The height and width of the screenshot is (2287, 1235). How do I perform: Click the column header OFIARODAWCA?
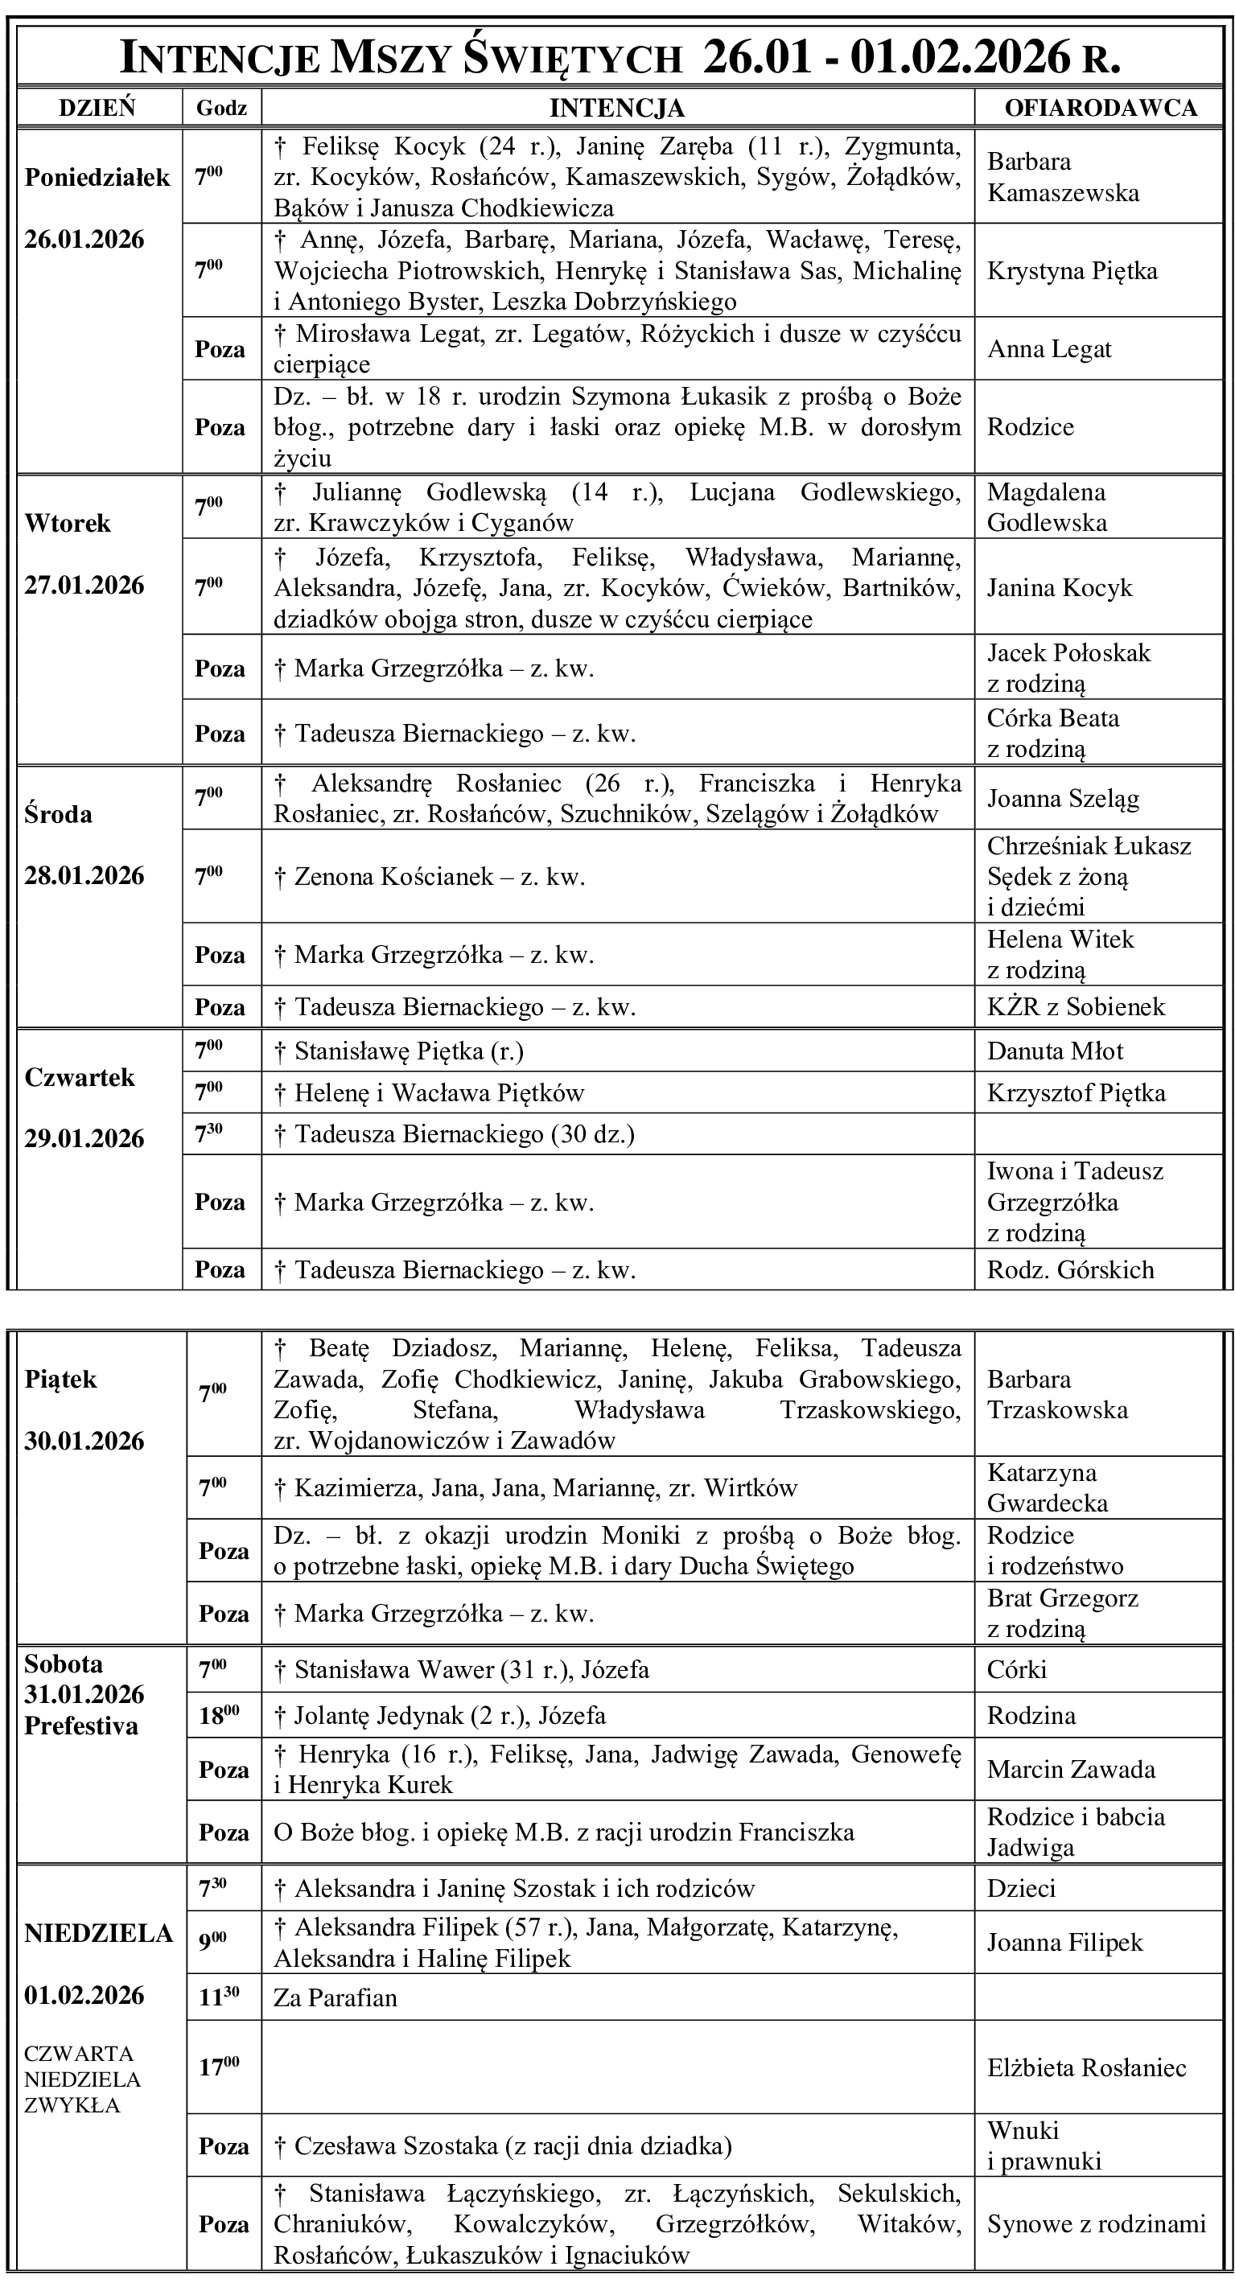pyautogui.click(x=1100, y=109)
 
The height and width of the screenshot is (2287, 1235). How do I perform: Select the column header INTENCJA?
pyautogui.click(x=616, y=109)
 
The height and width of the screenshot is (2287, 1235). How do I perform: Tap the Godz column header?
pyautogui.click(x=221, y=109)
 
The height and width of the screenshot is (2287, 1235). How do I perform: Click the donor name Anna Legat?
pyautogui.click(x=1048, y=349)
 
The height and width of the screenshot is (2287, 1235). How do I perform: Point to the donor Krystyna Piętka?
pyautogui.click(x=1072, y=271)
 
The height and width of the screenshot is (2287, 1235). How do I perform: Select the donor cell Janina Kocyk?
pyautogui.click(x=1060, y=588)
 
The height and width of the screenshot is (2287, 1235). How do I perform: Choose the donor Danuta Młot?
pyautogui.click(x=1055, y=1051)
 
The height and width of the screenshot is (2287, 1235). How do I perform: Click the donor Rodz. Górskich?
pyautogui.click(x=1070, y=1269)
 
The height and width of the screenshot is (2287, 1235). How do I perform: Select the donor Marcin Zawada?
pyautogui.click(x=1071, y=1770)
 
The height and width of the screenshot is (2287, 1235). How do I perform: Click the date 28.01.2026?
pyautogui.click(x=84, y=876)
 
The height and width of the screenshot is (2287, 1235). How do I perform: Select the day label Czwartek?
pyautogui.click(x=80, y=1078)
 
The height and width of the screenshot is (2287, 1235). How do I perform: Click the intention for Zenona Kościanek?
pyautogui.click(x=430, y=877)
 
